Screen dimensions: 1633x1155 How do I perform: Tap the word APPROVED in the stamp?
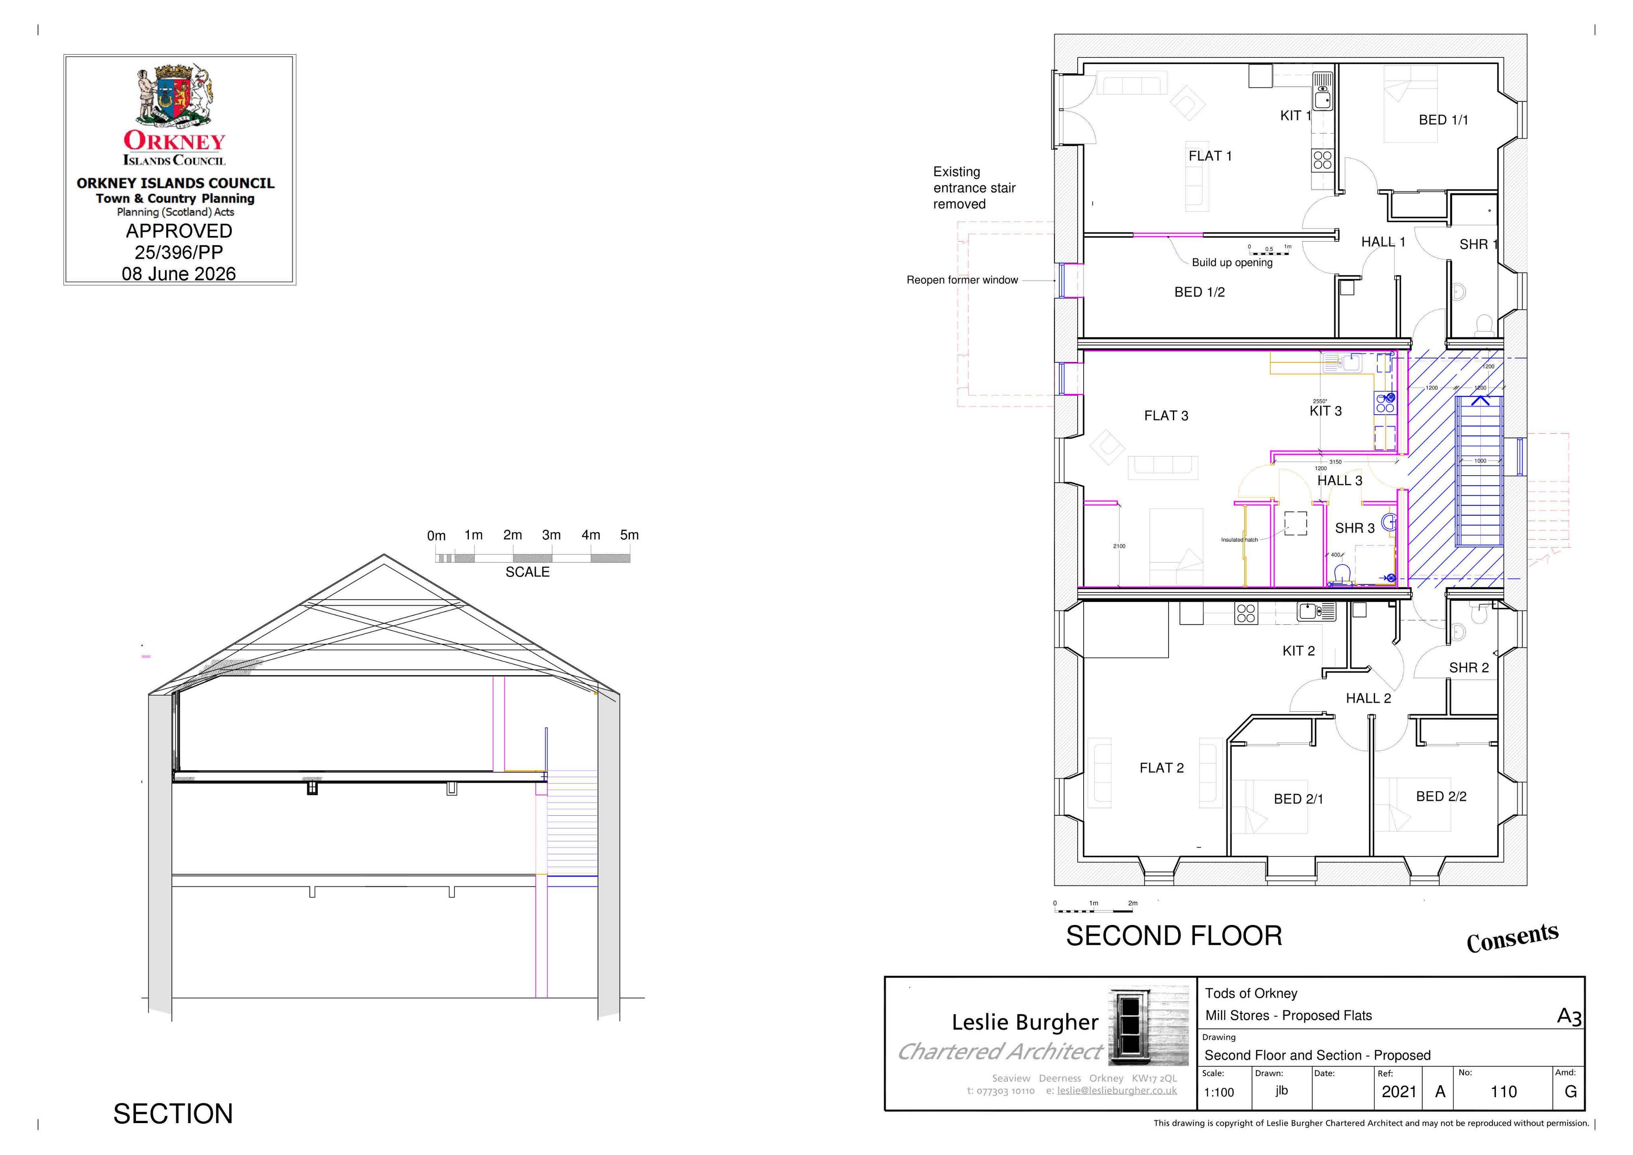(179, 231)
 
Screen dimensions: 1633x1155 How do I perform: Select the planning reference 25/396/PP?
(179, 252)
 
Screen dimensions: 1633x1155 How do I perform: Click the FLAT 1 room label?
(1210, 156)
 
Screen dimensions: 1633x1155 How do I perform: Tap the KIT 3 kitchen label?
(1326, 411)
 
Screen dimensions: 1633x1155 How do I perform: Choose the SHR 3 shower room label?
(1355, 528)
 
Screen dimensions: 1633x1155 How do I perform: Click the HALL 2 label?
(1368, 699)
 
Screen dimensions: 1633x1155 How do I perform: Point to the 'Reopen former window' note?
(962, 280)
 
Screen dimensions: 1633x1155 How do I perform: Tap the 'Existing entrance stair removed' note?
(974, 188)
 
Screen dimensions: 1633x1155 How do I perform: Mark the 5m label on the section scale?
(630, 535)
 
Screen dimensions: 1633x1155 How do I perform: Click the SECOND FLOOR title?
(1174, 936)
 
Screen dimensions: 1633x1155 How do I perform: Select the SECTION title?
(173, 1114)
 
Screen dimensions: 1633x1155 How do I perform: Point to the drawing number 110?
(1503, 1092)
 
